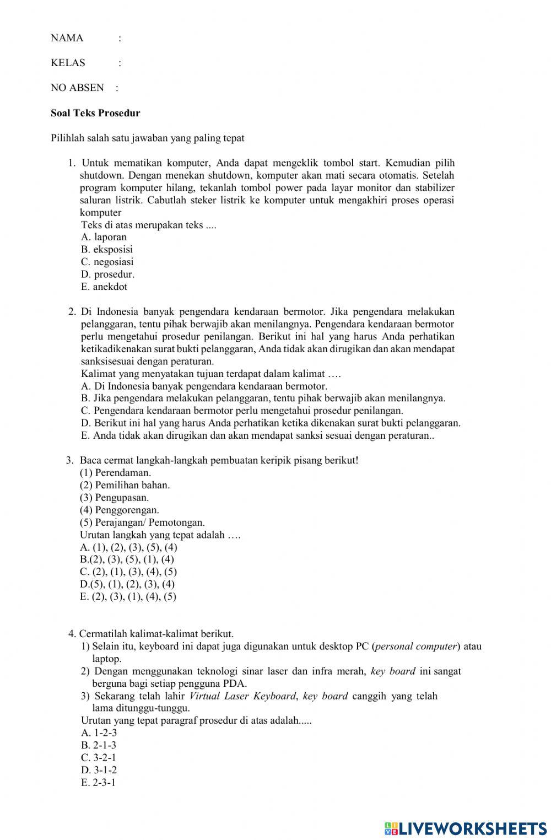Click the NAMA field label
[x=67, y=38]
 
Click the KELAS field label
[x=68, y=63]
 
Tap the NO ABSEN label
[x=77, y=88]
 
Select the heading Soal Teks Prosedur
[x=95, y=113]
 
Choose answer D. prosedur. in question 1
[x=107, y=274]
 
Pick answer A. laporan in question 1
[x=104, y=237]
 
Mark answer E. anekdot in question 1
[x=104, y=287]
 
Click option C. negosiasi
[x=107, y=262]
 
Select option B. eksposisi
[x=106, y=249]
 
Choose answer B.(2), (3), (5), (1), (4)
[x=127, y=559]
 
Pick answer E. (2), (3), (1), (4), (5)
[x=128, y=596]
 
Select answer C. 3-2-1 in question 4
[x=98, y=757]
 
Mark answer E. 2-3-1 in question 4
[x=98, y=783]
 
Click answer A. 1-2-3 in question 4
[x=99, y=733]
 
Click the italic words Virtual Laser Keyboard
[x=242, y=696]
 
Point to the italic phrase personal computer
[x=416, y=646]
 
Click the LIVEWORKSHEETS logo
[x=465, y=828]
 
